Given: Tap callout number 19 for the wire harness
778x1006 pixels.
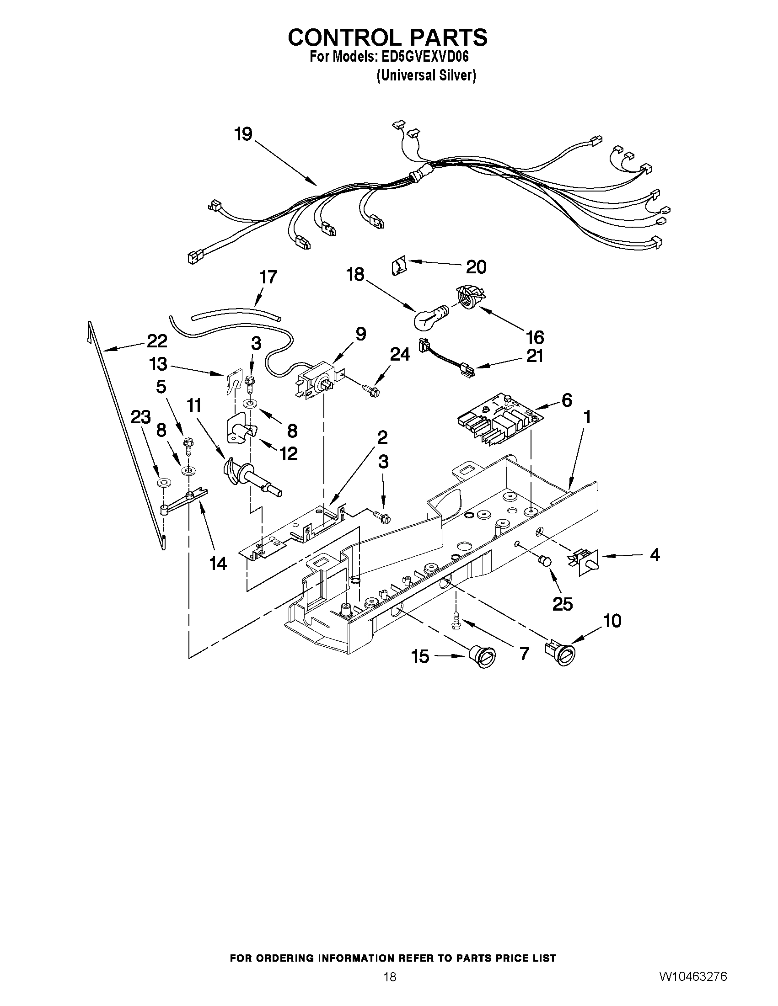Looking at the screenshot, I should click(x=243, y=134).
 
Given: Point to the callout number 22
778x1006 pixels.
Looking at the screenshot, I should click(x=157, y=341).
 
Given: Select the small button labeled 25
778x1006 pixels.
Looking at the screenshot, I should click(x=546, y=560).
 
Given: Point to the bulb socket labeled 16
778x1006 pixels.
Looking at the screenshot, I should click(x=468, y=296).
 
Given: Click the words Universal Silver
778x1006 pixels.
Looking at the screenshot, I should click(x=426, y=75).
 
